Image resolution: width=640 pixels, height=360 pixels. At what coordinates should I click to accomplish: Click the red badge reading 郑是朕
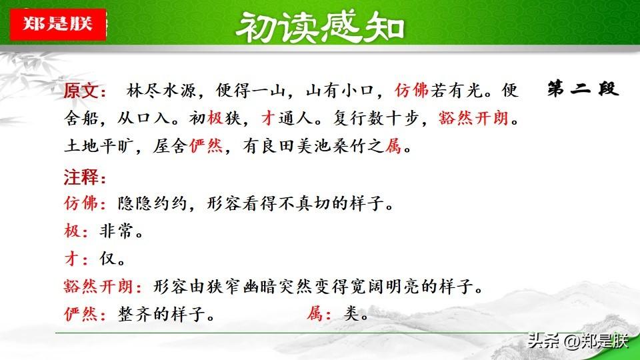pyautogui.click(x=58, y=24)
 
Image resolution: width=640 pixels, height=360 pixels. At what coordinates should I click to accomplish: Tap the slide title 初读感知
pyautogui.click(x=319, y=27)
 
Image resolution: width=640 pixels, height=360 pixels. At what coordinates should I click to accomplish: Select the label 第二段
pyautogui.click(x=583, y=89)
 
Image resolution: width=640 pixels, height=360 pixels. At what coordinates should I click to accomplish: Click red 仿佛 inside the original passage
pyautogui.click(x=411, y=90)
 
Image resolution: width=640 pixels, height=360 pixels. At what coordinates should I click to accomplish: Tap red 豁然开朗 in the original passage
pyautogui.click(x=473, y=119)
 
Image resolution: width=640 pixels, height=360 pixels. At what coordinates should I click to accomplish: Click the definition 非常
pyautogui.click(x=116, y=231)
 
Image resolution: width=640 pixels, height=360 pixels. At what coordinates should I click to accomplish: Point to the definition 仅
pyautogui.click(x=108, y=259)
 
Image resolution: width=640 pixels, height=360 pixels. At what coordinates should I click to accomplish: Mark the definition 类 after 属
pyautogui.click(x=351, y=313)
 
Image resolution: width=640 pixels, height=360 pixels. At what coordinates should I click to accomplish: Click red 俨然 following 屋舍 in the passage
pyautogui.click(x=206, y=146)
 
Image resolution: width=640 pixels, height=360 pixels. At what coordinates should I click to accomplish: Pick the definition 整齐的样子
pyautogui.click(x=161, y=314)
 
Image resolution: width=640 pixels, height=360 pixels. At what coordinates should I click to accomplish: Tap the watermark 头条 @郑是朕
pyautogui.click(x=578, y=341)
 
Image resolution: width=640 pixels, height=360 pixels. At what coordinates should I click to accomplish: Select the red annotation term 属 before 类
pyautogui.click(x=315, y=313)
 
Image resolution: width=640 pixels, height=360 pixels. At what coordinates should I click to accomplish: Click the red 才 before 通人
pyautogui.click(x=269, y=119)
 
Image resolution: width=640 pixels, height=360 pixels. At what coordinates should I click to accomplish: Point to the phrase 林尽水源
pyautogui.click(x=161, y=90)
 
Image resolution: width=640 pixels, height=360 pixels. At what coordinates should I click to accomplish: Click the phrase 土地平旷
pyautogui.click(x=99, y=146)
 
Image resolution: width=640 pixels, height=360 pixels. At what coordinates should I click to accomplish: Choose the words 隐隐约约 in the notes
pyautogui.click(x=152, y=203)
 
